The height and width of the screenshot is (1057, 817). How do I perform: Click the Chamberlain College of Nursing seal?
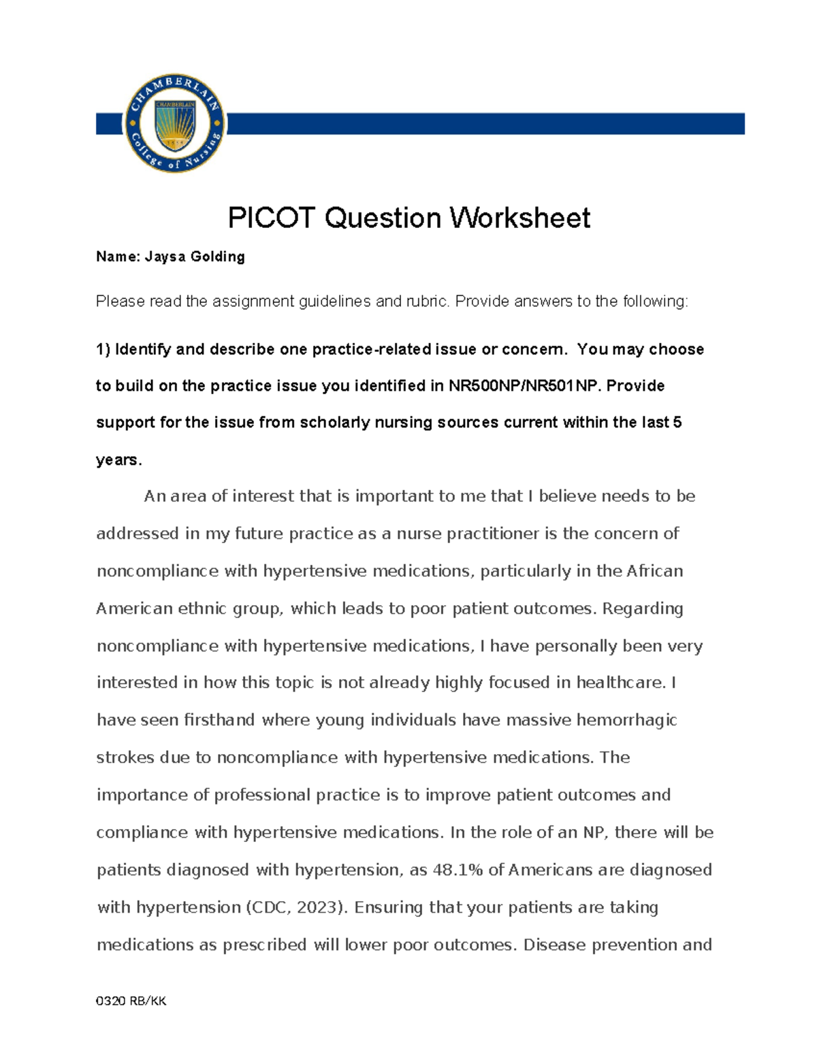point(175,123)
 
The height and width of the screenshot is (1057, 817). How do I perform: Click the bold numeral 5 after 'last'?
point(677,423)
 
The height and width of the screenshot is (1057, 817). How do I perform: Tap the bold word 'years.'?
point(119,460)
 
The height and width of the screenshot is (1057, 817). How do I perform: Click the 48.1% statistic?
point(458,870)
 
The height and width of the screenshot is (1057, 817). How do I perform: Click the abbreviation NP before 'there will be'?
point(594,832)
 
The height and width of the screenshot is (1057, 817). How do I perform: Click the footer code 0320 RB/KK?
point(131,1001)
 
